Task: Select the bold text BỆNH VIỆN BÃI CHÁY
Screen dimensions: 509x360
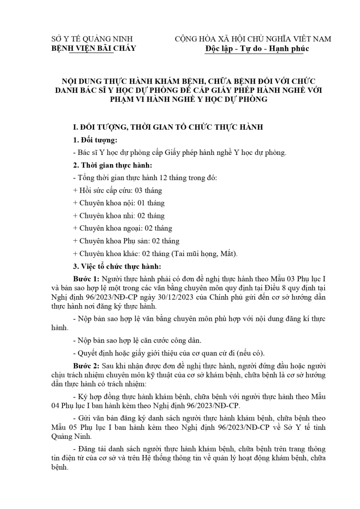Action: coord(94,48)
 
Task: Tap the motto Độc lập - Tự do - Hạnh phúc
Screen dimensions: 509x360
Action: coord(256,48)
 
